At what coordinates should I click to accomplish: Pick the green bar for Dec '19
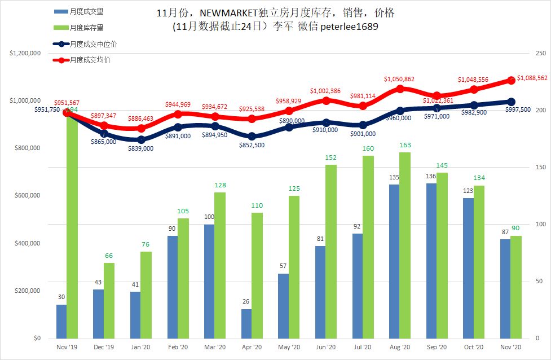[109, 300]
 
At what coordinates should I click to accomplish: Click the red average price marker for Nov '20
[512, 80]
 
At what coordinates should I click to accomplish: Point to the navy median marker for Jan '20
[141, 139]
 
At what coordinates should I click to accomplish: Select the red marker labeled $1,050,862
[400, 89]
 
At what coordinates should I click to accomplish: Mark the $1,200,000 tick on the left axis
[24, 54]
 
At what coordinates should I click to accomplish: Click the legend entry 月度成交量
[87, 11]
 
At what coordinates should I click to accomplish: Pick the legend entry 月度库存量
[87, 27]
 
